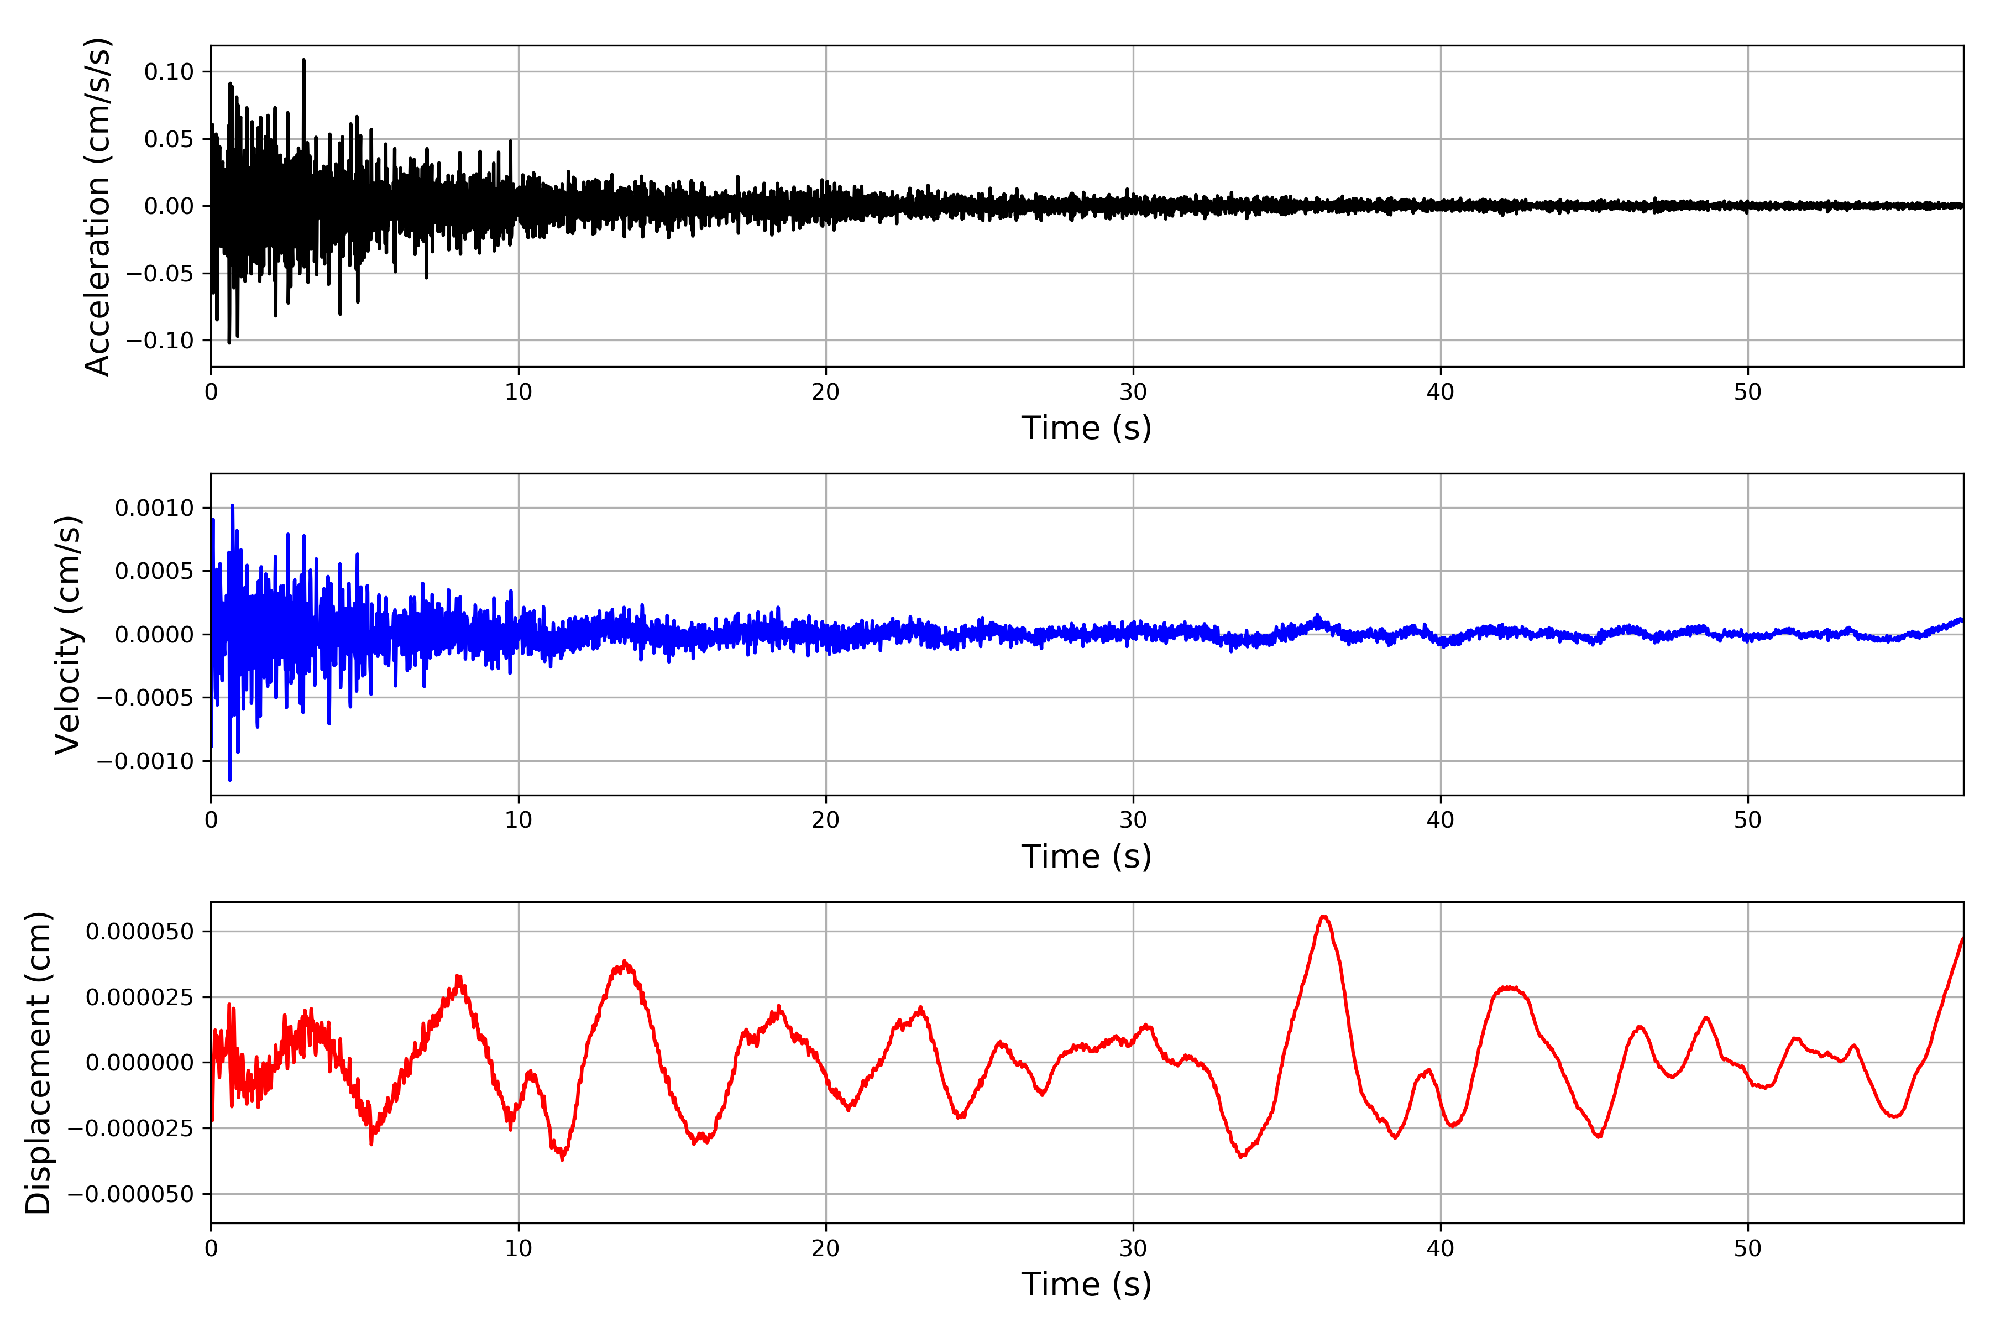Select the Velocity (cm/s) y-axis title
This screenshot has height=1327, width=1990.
(x=67, y=635)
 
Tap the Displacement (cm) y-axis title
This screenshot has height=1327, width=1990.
(x=38, y=1063)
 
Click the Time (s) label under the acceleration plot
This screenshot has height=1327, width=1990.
(x=1086, y=428)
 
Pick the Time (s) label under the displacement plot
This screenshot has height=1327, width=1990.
(x=1086, y=1284)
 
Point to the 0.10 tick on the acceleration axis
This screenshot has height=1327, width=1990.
(x=169, y=72)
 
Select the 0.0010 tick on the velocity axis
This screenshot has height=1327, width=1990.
(x=155, y=509)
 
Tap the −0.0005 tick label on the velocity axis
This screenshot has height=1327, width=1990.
(x=145, y=698)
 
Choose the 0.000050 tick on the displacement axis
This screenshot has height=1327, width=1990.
(x=140, y=932)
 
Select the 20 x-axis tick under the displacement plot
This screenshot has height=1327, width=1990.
(x=826, y=1249)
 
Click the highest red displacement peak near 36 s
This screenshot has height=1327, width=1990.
(x=1324, y=917)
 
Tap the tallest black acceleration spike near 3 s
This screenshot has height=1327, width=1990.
(x=303, y=60)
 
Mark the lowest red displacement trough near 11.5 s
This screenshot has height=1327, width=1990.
(x=563, y=1158)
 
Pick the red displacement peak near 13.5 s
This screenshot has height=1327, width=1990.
(x=625, y=962)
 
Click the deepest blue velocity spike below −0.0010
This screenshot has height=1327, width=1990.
(x=230, y=780)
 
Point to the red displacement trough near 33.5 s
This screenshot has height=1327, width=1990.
(x=1241, y=1157)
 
